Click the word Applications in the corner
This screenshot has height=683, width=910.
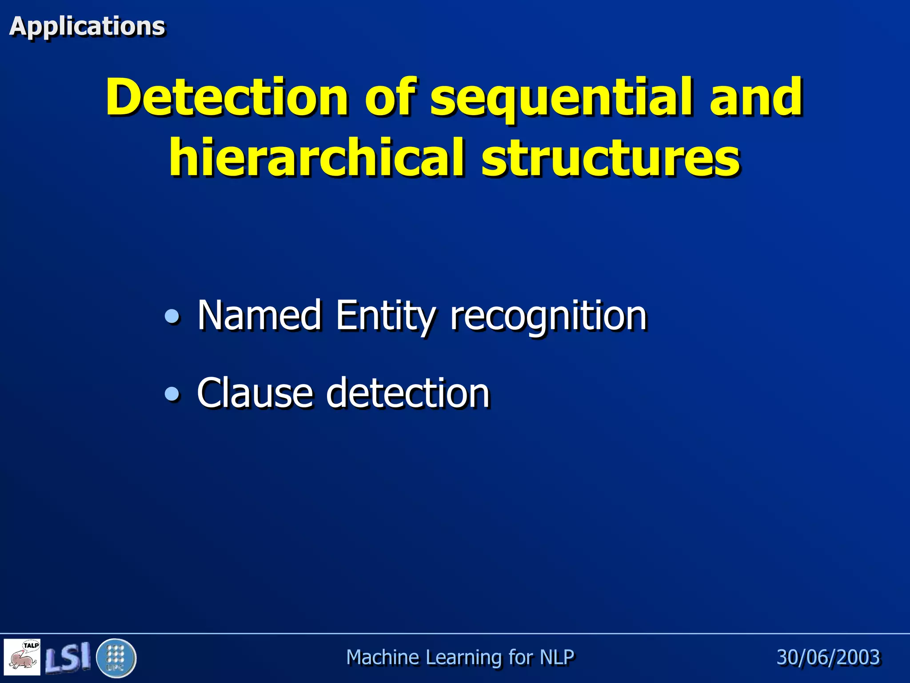pos(87,26)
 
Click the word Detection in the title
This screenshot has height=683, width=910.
pos(227,97)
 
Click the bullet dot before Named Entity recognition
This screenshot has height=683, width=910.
pos(172,317)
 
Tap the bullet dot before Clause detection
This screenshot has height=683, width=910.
pos(172,394)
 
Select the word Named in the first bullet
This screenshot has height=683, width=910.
pos(259,315)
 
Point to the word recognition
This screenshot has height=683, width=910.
pos(548,316)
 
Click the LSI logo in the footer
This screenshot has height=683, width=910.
pos(68,657)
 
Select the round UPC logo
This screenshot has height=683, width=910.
pos(116,658)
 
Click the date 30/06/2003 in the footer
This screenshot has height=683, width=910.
pos(828,657)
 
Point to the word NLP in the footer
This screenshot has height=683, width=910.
pos(557,657)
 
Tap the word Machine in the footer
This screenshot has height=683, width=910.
pos(383,657)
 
